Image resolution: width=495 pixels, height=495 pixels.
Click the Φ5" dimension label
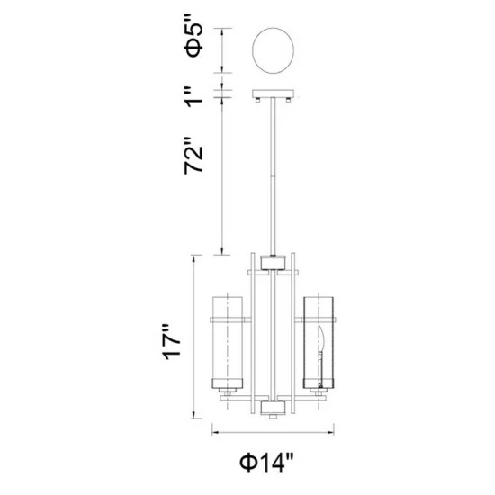193,40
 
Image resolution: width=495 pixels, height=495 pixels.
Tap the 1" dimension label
193,98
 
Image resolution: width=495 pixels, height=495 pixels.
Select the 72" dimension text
193,156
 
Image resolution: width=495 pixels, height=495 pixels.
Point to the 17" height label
171,342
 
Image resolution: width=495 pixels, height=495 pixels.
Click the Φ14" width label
267,463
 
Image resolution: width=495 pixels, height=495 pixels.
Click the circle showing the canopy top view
273,50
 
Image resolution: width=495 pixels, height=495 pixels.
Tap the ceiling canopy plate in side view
273,94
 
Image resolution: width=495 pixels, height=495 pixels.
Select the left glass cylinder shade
228,343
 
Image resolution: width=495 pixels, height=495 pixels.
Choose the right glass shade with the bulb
319,343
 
